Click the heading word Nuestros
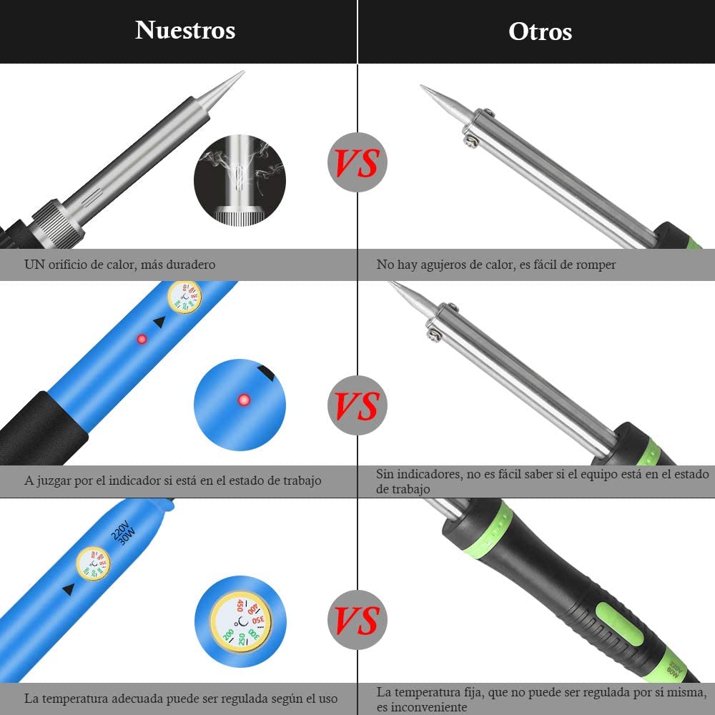[185, 30]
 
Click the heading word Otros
[540, 31]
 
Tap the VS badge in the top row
[357, 162]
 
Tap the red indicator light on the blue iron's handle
[142, 338]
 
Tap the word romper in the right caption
[596, 265]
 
